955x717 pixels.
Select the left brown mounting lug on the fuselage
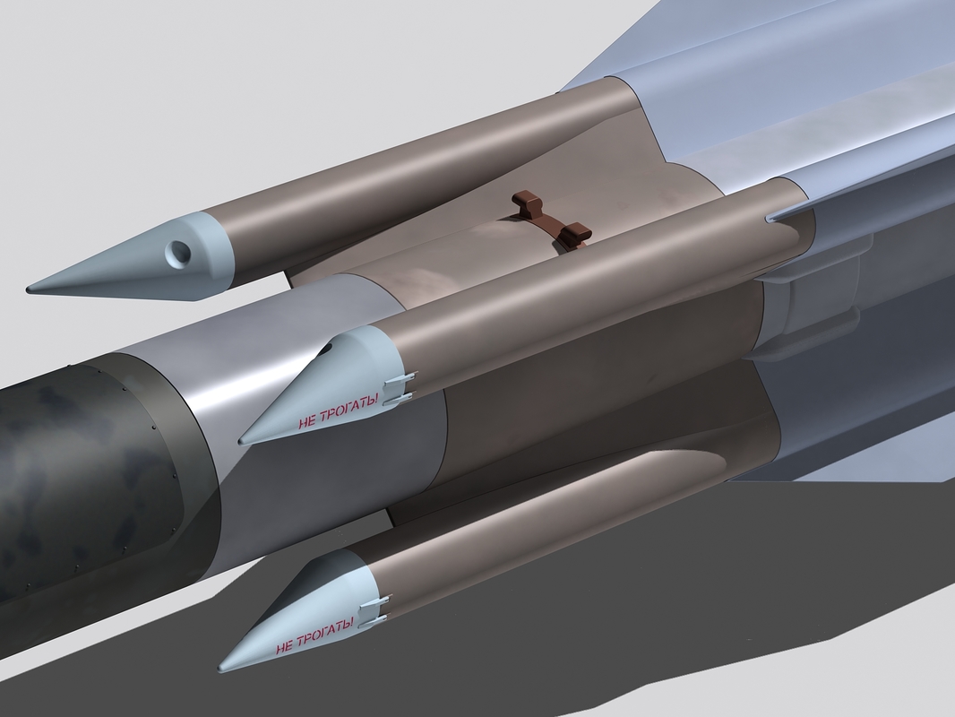529,205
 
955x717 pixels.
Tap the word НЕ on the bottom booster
283,645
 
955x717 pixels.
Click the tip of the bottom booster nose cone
220,669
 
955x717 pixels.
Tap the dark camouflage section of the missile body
81,484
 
